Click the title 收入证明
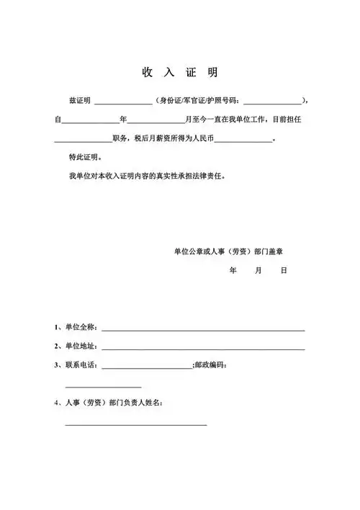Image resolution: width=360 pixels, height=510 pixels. [x=180, y=73]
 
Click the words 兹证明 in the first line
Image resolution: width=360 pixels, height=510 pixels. [x=79, y=100]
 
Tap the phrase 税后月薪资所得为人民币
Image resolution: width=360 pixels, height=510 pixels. [x=174, y=138]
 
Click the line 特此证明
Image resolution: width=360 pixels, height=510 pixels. [x=85, y=156]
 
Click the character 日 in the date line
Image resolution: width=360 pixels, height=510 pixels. [x=284, y=271]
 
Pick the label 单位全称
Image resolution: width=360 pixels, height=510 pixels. [x=79, y=327]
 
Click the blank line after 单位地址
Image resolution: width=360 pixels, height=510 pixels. [x=204, y=349]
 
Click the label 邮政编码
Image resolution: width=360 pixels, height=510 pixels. [x=211, y=365]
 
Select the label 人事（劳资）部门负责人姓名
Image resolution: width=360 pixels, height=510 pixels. [x=113, y=402]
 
